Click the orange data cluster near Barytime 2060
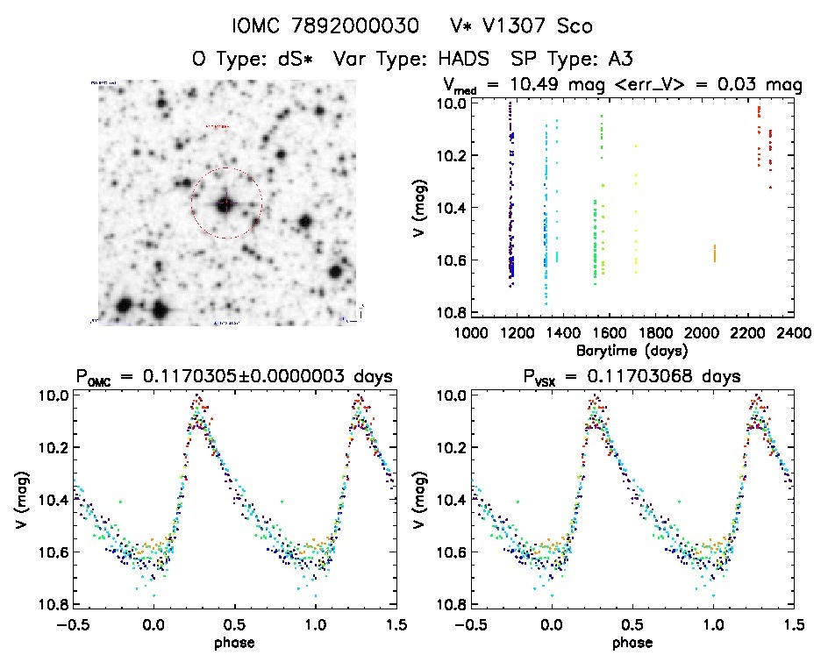(x=714, y=253)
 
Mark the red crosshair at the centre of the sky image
(x=225, y=203)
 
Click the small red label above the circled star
(x=216, y=127)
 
